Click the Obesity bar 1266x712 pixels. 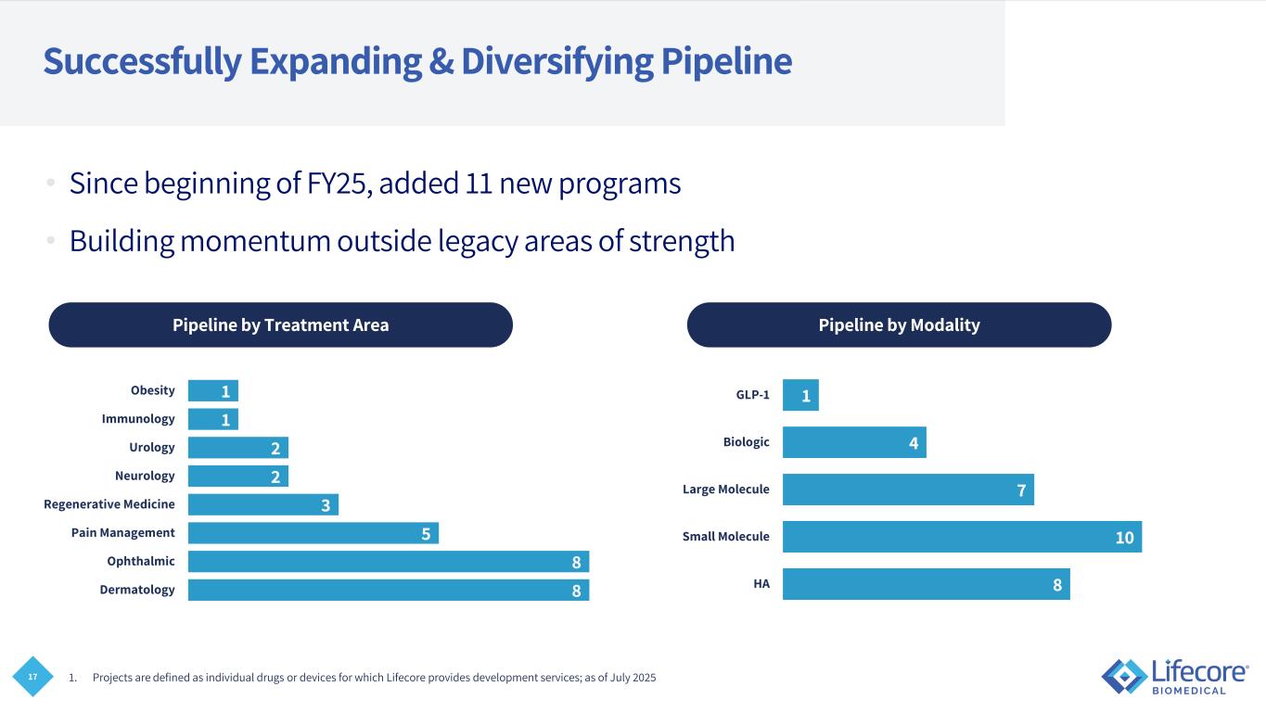tap(212, 391)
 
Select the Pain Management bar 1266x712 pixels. tap(313, 533)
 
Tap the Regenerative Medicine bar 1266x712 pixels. tap(262, 504)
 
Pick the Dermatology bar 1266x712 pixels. tap(388, 590)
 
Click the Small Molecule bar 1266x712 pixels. tap(961, 537)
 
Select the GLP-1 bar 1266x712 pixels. tap(800, 396)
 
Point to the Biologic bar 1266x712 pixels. tap(853, 442)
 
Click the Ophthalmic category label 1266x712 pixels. tap(140, 561)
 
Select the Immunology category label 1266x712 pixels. tap(138, 419)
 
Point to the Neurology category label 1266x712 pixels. tap(144, 476)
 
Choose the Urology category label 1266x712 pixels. tap(152, 448)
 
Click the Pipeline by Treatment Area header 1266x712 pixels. tap(280, 325)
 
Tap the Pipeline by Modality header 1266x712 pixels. tap(899, 325)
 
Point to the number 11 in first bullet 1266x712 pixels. tap(476, 184)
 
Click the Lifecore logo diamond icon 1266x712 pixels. tap(1123, 676)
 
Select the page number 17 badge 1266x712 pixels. tap(33, 678)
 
